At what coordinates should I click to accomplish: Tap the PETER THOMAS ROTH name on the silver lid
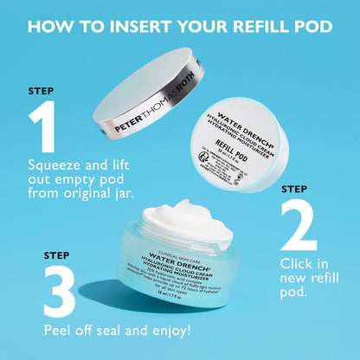(x=151, y=117)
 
